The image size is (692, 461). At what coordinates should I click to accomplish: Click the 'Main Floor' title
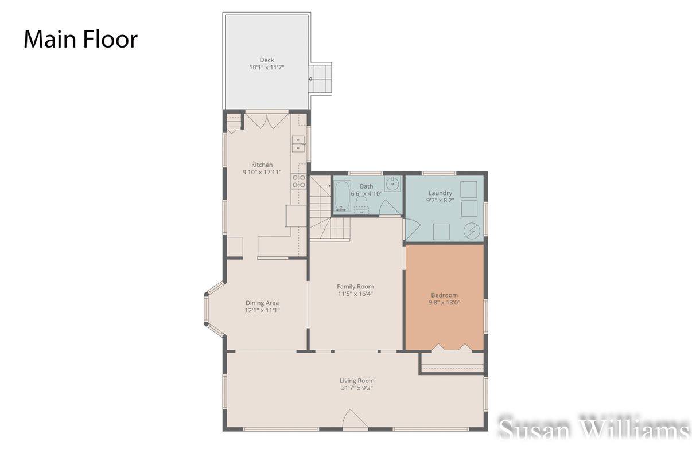(x=80, y=40)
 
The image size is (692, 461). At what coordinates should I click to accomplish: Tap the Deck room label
(x=266, y=60)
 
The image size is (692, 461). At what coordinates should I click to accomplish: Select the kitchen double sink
(x=298, y=144)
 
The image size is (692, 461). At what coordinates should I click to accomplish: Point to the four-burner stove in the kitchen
(x=298, y=181)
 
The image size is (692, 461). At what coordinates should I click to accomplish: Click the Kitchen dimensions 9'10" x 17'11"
(x=262, y=172)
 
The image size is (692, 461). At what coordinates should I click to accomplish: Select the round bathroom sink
(x=392, y=183)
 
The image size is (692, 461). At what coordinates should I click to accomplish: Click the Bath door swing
(x=390, y=209)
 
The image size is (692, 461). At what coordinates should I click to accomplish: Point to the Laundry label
(x=440, y=193)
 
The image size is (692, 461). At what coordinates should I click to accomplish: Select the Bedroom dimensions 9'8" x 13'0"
(x=445, y=303)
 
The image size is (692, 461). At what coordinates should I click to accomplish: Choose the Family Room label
(x=355, y=287)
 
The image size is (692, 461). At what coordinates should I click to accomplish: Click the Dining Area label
(x=262, y=303)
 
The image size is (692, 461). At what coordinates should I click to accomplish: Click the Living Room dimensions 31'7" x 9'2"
(x=357, y=388)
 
